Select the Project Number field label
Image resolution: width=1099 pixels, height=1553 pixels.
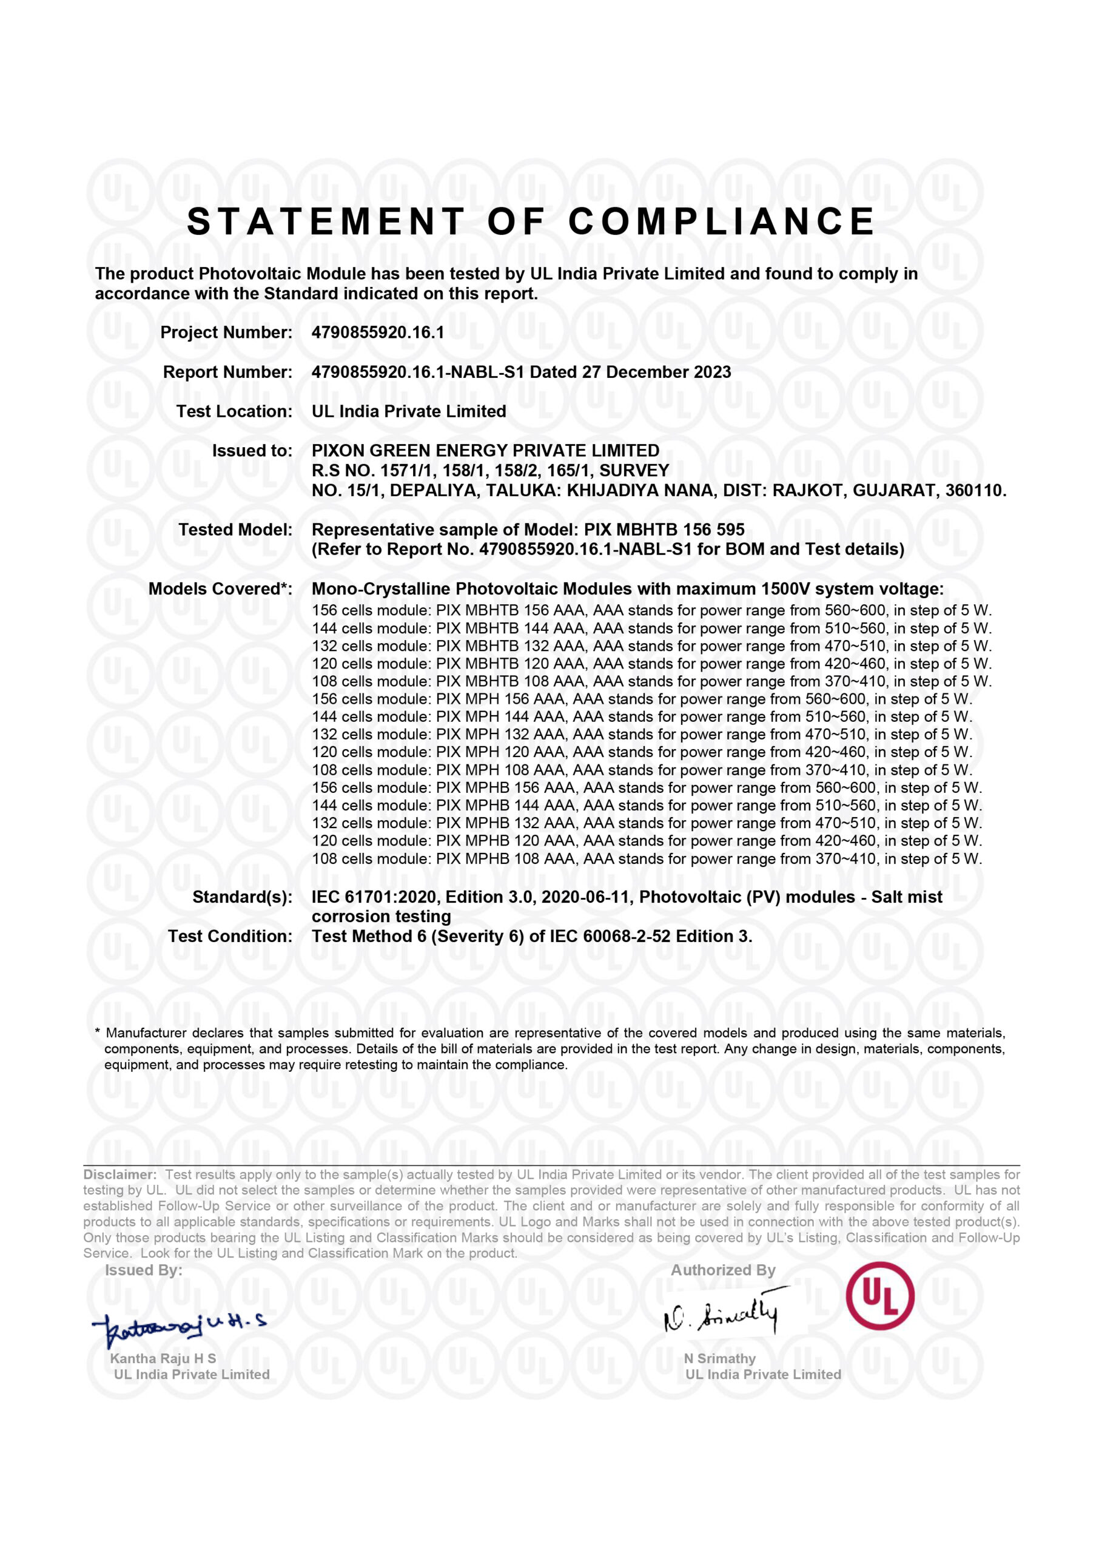tap(226, 332)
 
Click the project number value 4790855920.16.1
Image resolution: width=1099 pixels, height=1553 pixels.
tap(378, 332)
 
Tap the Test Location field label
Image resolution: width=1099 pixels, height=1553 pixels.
tap(234, 411)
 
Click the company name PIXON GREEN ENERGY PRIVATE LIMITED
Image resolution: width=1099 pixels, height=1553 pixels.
tap(485, 451)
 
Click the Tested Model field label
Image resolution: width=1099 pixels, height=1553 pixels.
tap(235, 530)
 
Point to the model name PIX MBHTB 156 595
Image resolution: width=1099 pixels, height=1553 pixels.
tap(665, 530)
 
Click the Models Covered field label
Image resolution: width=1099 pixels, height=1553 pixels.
tap(220, 588)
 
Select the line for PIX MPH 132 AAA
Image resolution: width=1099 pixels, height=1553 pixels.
tap(642, 734)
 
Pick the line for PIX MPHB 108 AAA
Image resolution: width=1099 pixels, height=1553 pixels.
tap(647, 859)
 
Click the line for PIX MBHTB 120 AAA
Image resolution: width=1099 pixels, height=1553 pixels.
tap(651, 664)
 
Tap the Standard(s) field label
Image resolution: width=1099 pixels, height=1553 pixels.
tap(242, 897)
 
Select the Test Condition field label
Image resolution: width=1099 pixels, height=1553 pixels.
tap(230, 936)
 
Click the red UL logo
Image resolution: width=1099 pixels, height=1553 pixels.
tap(879, 1296)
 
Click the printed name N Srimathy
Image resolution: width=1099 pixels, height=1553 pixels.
tap(719, 1358)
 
